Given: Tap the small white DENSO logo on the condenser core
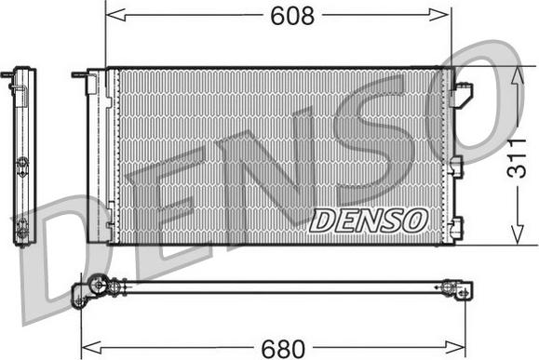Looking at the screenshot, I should (368, 220).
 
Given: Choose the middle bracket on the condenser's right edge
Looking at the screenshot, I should (457, 166).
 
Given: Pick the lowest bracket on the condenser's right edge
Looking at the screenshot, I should (455, 223).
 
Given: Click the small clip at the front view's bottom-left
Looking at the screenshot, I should (109, 225).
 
